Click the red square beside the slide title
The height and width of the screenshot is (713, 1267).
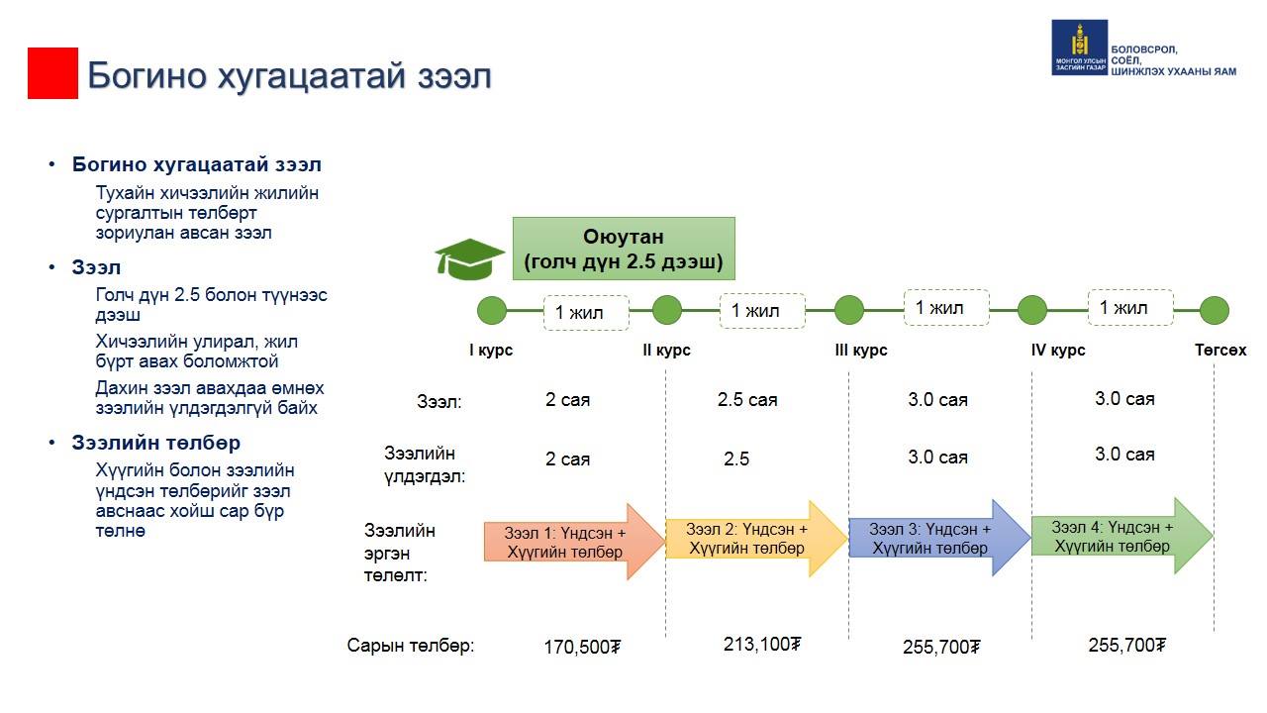[52, 73]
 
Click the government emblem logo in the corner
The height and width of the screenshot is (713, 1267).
[1079, 48]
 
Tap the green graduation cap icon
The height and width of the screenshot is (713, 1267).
[469, 258]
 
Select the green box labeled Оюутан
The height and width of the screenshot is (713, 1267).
[624, 249]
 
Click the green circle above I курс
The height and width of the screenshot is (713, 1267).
[492, 310]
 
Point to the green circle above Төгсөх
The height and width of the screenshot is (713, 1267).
[1215, 310]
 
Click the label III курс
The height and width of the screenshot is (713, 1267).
[861, 351]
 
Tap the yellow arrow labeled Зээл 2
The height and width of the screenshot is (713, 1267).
[756, 539]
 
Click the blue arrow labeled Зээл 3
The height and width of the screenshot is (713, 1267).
[939, 538]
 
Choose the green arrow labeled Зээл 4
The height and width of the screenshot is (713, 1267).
[1122, 536]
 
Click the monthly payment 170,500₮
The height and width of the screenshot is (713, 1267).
[582, 647]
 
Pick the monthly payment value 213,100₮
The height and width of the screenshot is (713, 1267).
[762, 644]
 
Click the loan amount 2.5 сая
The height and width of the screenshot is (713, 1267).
[747, 399]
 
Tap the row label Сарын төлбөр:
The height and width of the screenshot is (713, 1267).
[411, 645]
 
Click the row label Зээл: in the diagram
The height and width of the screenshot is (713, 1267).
[439, 401]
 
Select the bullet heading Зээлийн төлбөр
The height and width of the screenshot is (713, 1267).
[156, 443]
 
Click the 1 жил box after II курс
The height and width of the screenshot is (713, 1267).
[762, 311]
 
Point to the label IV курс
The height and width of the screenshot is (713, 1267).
[1058, 351]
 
